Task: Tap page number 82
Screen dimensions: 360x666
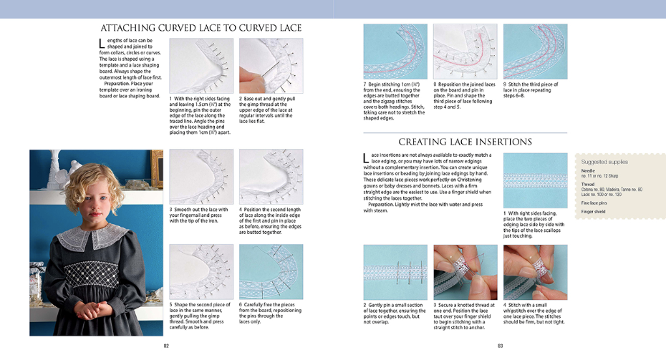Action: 166,346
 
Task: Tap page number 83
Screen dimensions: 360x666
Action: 499,346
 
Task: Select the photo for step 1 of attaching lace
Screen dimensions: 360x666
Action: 201,65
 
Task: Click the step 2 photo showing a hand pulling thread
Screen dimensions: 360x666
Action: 271,65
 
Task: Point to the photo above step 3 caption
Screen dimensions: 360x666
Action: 201,177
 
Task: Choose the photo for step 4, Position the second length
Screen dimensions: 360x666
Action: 271,177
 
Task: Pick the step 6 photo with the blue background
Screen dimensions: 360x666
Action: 271,271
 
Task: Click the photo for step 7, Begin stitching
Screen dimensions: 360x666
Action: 395,52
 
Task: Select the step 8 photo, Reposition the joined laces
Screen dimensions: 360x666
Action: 465,52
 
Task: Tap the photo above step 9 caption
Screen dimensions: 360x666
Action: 535,52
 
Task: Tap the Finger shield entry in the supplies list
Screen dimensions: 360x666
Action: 594,212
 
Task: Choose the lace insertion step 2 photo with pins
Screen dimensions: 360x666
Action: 395,271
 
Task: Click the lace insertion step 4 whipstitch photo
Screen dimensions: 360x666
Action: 535,271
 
